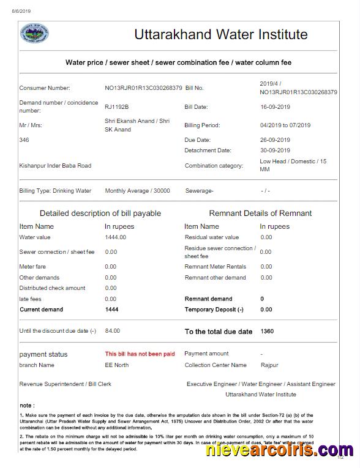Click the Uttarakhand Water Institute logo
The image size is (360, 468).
click(35, 34)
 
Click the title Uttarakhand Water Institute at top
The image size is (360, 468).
click(221, 34)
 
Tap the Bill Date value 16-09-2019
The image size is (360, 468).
click(275, 107)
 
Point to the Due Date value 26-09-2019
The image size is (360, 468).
click(275, 140)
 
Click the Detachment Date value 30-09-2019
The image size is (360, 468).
click(275, 150)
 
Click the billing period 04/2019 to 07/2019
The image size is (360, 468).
click(285, 125)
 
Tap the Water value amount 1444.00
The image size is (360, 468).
click(115, 237)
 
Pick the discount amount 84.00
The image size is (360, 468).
click(112, 331)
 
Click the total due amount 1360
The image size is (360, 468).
click(267, 331)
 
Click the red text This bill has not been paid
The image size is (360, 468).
click(140, 354)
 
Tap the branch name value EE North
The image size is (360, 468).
click(117, 365)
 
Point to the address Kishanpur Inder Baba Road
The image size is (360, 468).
click(55, 166)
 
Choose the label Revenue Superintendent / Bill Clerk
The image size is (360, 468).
click(65, 384)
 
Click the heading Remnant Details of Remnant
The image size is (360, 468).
click(260, 214)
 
